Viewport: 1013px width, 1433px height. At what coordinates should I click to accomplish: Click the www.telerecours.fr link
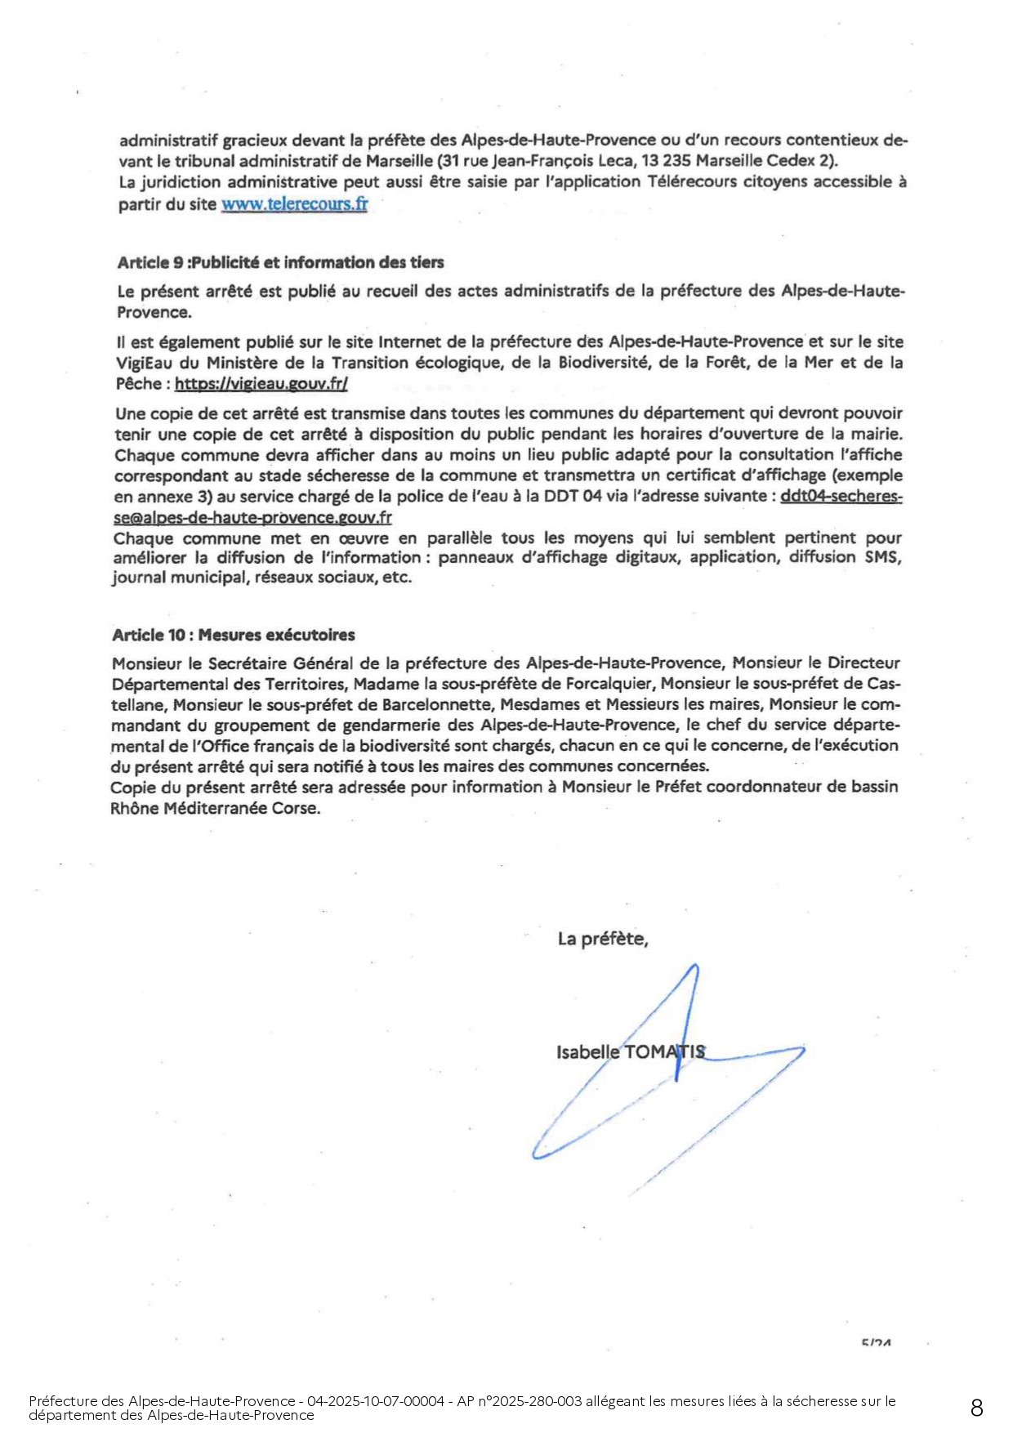(x=294, y=204)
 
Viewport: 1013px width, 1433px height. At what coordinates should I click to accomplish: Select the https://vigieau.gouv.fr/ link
(x=261, y=384)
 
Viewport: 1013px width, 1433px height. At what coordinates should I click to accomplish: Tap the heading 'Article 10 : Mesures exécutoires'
(x=234, y=635)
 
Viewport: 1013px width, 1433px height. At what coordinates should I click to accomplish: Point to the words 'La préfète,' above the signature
(x=603, y=939)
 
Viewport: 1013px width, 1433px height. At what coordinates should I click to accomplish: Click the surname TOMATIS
(x=664, y=1051)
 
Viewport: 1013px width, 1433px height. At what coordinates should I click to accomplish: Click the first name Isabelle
(x=588, y=1051)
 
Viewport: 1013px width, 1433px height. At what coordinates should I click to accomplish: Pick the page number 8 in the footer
(x=976, y=1408)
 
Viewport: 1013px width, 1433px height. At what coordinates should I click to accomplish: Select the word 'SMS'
(x=883, y=557)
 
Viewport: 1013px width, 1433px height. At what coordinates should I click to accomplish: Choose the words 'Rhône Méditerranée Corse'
(x=216, y=808)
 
